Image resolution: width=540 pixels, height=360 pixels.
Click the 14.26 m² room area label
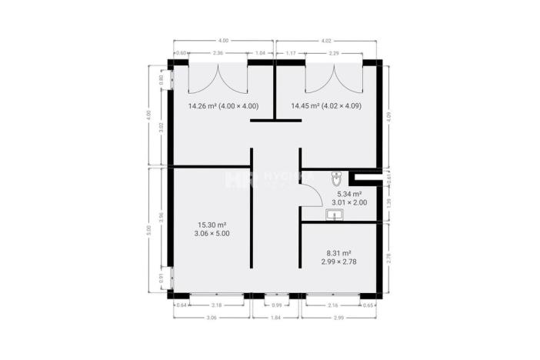(x=223, y=106)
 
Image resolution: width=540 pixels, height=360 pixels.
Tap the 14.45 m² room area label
(x=325, y=106)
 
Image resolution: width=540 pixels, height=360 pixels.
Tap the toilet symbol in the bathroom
(x=335, y=179)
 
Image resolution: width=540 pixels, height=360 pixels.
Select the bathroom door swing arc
(x=309, y=199)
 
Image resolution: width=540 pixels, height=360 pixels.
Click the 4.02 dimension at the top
(x=326, y=39)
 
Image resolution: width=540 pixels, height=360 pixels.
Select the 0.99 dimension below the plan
(x=276, y=306)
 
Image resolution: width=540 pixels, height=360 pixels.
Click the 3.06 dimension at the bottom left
(x=210, y=317)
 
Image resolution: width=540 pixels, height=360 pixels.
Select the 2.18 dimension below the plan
(x=218, y=306)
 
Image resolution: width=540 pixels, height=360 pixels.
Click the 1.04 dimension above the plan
(x=261, y=53)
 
